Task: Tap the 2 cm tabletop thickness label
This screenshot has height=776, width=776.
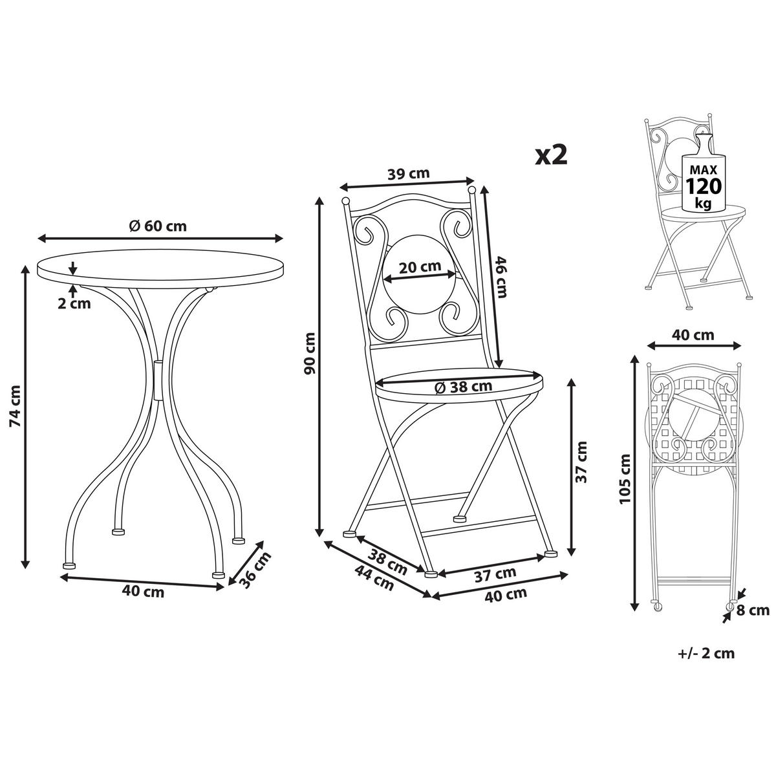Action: (x=74, y=303)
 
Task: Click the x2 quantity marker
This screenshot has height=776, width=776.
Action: (x=552, y=155)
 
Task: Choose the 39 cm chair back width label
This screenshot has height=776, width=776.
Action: (x=408, y=173)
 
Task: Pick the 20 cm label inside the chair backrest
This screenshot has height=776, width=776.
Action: (x=420, y=266)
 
